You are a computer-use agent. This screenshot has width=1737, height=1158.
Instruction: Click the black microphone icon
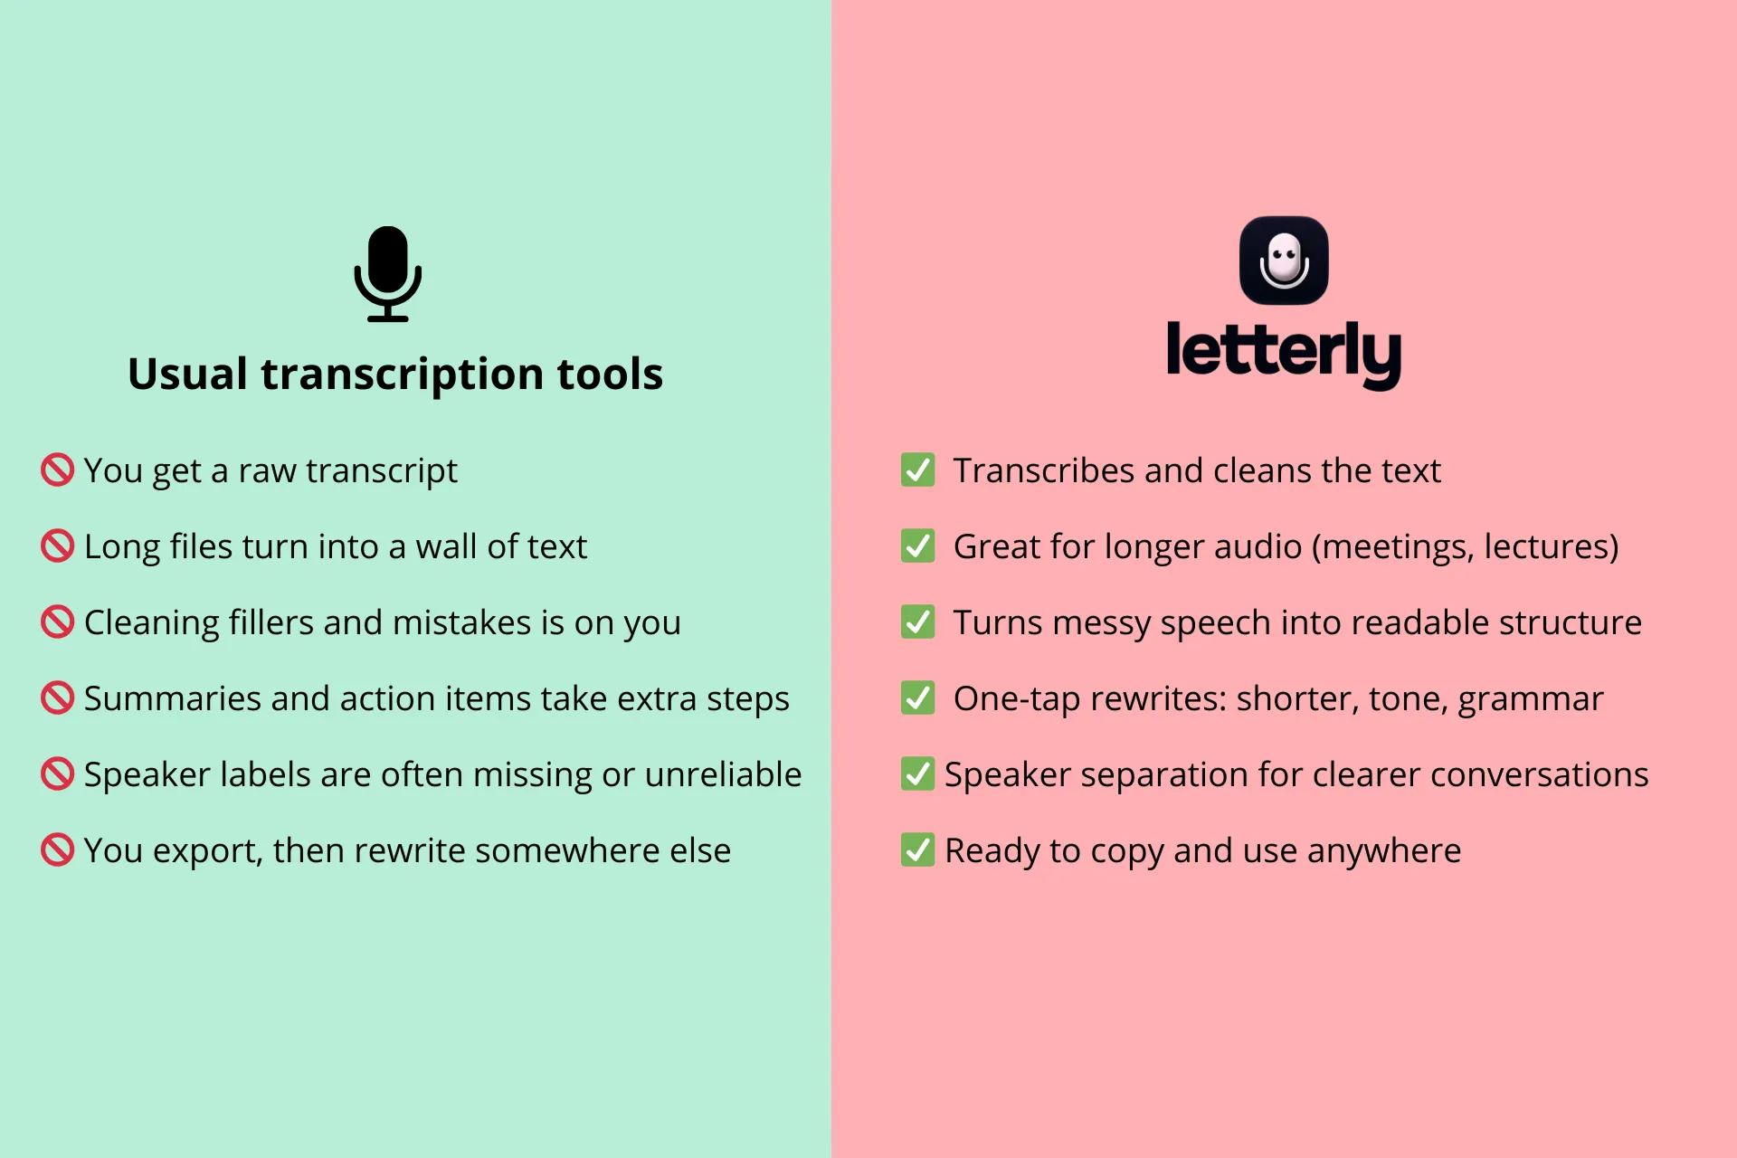click(x=387, y=273)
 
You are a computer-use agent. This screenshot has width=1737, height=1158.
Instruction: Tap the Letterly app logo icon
click(x=1284, y=261)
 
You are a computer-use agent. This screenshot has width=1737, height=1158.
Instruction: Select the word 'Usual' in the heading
click(x=187, y=374)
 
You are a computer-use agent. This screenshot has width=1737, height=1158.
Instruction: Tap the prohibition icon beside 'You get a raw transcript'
click(x=57, y=470)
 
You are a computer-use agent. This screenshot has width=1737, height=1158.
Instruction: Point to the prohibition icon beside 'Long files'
click(x=57, y=546)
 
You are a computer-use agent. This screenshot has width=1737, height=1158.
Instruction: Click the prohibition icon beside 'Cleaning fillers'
click(x=57, y=622)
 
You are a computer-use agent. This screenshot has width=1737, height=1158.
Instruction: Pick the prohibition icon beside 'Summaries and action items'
click(x=57, y=698)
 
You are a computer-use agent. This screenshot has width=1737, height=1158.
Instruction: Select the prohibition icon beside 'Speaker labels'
click(x=57, y=774)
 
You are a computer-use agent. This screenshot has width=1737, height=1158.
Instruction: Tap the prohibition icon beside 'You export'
click(x=57, y=850)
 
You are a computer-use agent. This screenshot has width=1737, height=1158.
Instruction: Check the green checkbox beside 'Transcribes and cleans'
click(x=917, y=470)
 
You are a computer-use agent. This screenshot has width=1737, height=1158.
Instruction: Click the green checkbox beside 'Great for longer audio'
click(x=917, y=546)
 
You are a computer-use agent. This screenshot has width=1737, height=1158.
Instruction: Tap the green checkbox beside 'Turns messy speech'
click(x=917, y=622)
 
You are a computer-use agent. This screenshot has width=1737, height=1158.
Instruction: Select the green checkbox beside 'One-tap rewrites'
click(x=917, y=698)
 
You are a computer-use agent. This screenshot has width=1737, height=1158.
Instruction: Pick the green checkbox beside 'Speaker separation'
click(x=917, y=774)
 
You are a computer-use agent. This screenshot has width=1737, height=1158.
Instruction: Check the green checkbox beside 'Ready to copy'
click(x=917, y=850)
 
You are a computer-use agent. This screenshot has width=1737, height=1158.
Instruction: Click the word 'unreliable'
click(x=723, y=775)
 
